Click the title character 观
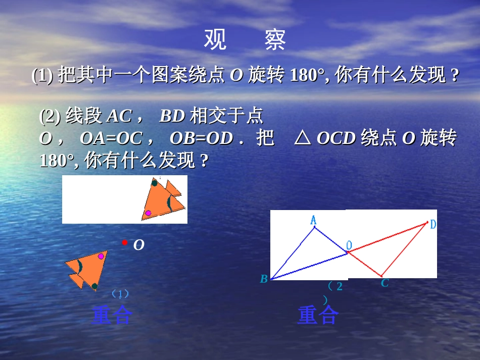[215, 40]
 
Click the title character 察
[275, 40]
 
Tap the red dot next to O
[124, 243]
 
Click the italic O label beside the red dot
[138, 245]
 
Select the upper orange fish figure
[164, 200]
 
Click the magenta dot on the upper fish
[148, 213]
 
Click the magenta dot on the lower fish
[101, 256]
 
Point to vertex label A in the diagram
[313, 220]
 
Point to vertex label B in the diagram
[264, 279]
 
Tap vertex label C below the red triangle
[385, 283]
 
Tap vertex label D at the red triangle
[433, 225]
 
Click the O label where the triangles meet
[349, 245]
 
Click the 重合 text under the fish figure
[112, 316]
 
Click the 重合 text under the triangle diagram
[318, 316]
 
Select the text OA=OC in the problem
[111, 138]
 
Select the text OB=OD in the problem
[201, 138]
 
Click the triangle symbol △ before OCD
[302, 138]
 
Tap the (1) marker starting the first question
[42, 76]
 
